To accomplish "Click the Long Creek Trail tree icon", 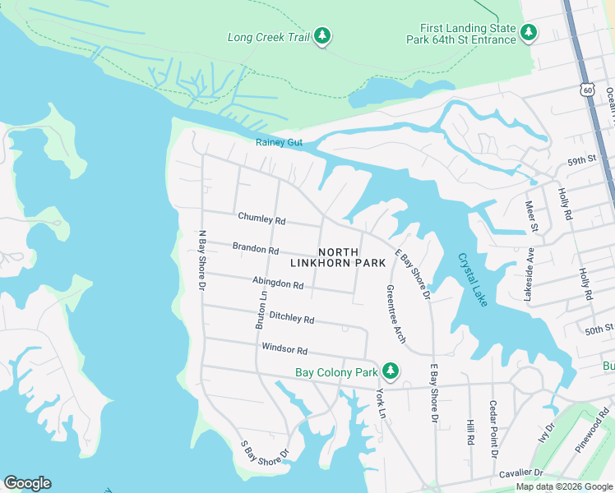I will (323, 35).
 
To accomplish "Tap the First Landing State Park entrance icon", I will (529, 33).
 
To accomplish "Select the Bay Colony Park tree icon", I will (390, 372).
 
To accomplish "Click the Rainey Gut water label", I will (279, 143).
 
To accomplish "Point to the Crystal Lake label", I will (474, 279).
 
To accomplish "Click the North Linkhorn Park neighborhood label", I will (338, 257).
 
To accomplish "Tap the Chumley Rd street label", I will (261, 219).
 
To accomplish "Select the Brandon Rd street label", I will (256, 247).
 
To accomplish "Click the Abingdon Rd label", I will (278, 283).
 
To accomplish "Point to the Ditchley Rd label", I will (291, 317).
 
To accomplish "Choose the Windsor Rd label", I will (284, 348).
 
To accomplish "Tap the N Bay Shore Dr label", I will (201, 260).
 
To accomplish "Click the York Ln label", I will (381, 403).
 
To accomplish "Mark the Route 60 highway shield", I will (585, 89).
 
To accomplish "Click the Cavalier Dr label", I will (520, 472).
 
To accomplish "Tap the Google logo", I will (27, 483).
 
